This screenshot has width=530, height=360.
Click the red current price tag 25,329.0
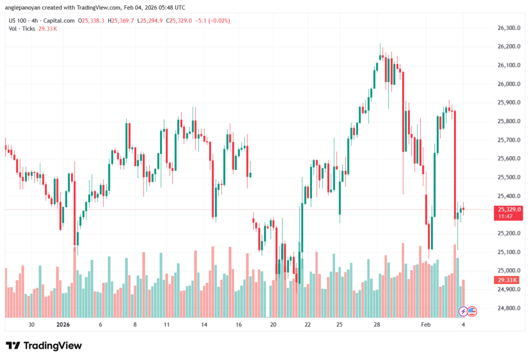click(x=509, y=209)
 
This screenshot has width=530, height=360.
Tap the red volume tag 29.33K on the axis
click(x=508, y=280)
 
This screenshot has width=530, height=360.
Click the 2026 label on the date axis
click(x=63, y=325)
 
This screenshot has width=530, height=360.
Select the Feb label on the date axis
click(x=425, y=325)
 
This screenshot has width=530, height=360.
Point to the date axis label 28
click(x=377, y=325)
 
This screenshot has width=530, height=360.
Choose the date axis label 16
click(x=239, y=325)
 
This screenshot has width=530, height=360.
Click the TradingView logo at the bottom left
click(x=43, y=346)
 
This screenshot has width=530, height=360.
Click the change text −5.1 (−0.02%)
click(x=212, y=21)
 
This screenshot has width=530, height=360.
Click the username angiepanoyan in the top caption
click(x=27, y=7)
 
